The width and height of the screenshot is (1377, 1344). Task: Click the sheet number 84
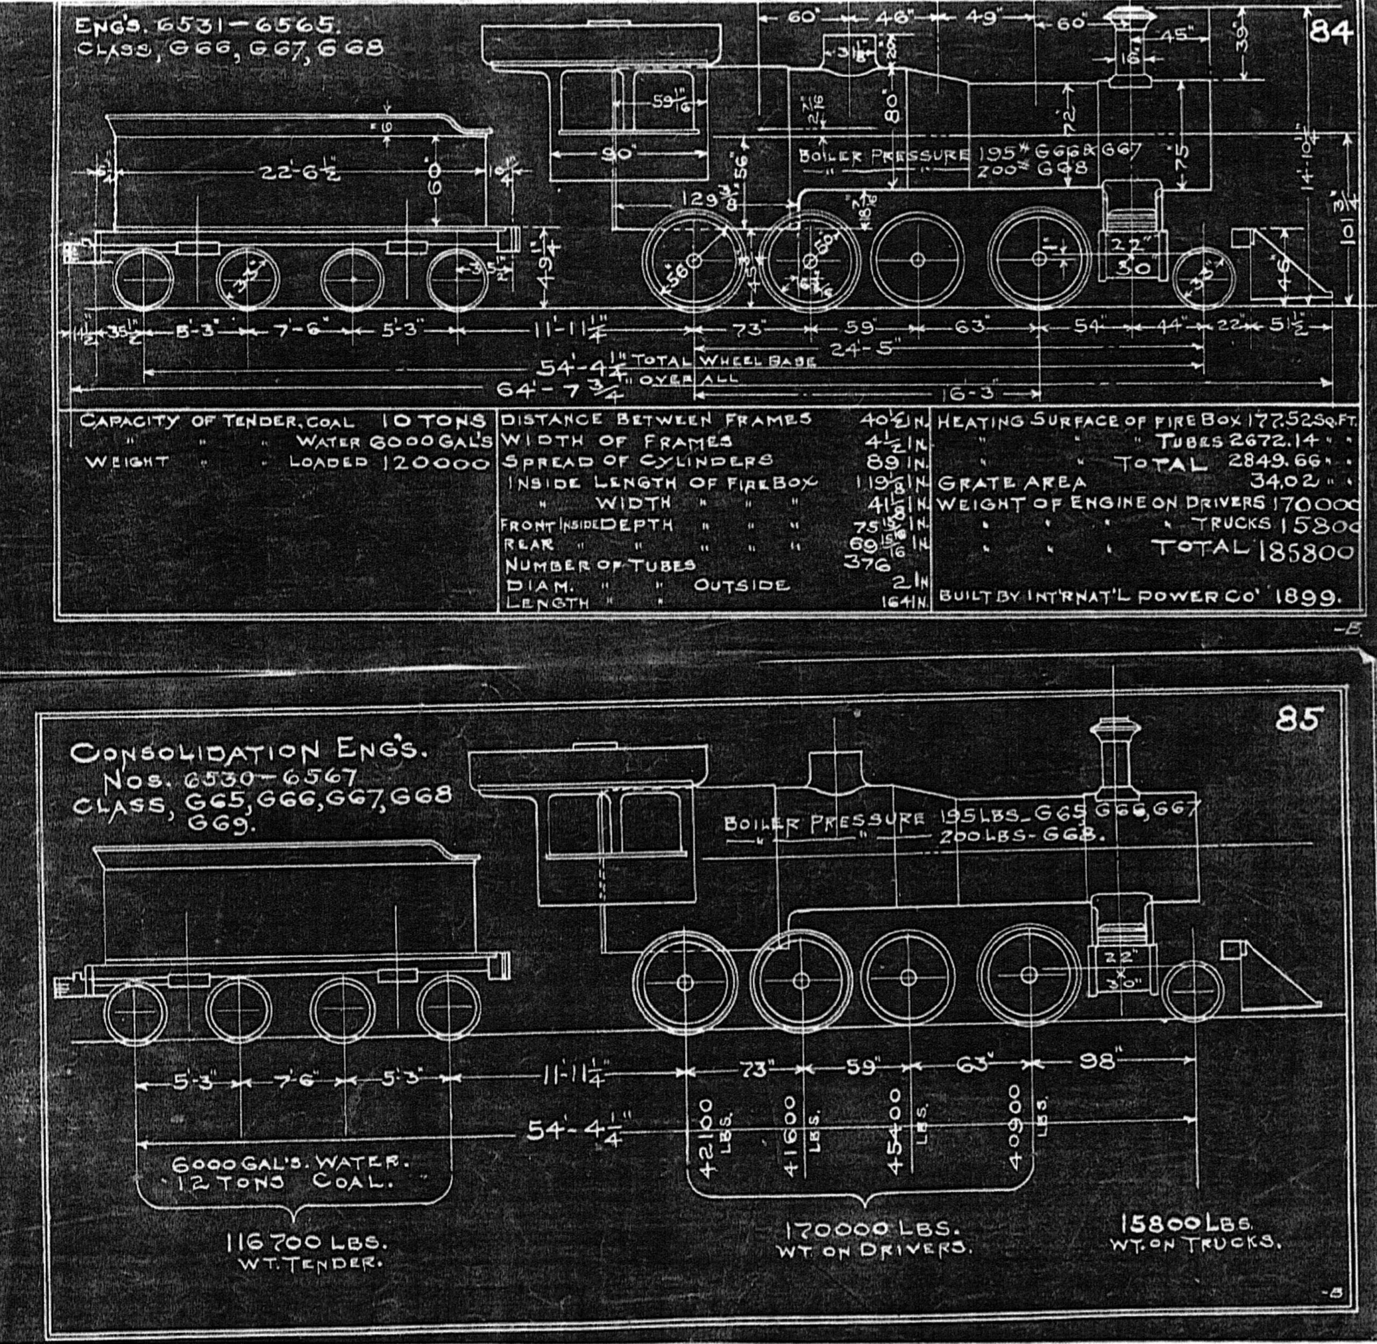point(1329,32)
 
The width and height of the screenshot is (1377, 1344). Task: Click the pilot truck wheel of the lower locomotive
point(1193,990)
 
